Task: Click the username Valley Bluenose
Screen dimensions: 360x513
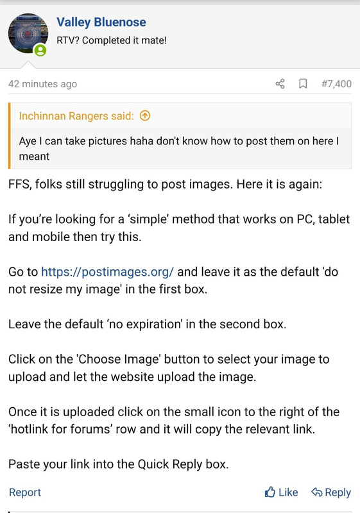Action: pos(101,22)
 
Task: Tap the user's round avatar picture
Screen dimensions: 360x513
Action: pos(28,33)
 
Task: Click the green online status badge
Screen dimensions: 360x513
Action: pos(40,50)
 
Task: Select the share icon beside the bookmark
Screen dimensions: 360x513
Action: pos(280,84)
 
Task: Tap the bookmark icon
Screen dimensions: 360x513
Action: pos(303,84)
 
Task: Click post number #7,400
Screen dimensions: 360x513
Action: pos(336,84)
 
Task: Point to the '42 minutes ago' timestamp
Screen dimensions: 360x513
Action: pos(42,84)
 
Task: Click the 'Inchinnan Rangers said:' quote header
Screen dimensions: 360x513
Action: pos(76,116)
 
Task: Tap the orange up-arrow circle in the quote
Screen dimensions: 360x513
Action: pos(145,115)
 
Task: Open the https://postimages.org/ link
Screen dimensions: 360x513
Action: pos(107,272)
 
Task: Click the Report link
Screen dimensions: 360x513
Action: pos(25,492)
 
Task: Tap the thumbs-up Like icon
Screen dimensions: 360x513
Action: pos(270,492)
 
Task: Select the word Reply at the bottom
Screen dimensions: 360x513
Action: pos(338,492)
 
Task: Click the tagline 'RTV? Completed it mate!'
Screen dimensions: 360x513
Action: pos(112,40)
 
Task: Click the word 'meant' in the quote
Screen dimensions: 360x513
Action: pos(34,156)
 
